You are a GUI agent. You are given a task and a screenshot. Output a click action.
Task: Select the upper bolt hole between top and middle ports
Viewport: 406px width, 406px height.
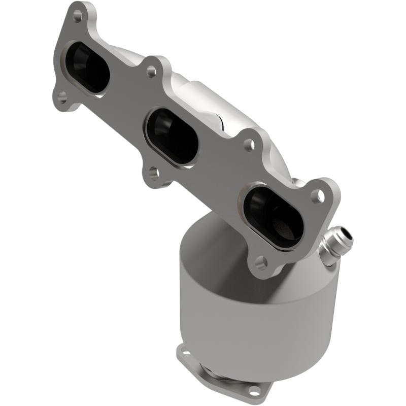pyautogui.click(x=151, y=71)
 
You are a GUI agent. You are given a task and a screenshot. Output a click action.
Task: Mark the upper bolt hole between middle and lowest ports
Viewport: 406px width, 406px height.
pyautogui.click(x=248, y=145)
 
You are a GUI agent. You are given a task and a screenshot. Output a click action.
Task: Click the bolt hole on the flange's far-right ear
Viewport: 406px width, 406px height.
pyautogui.click(x=318, y=194)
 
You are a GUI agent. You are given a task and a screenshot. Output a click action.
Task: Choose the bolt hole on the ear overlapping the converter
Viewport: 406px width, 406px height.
pyautogui.click(x=261, y=262)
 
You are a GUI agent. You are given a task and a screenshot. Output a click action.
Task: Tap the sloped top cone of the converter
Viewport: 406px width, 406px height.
pyautogui.click(x=213, y=239)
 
